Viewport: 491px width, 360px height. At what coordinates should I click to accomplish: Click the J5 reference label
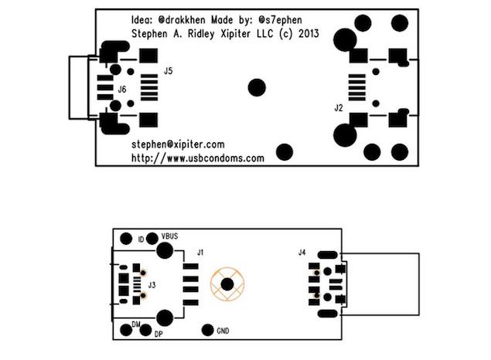coord(168,71)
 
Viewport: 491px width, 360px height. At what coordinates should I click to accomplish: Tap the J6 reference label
coord(122,90)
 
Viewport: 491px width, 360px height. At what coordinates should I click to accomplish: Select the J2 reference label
coord(339,108)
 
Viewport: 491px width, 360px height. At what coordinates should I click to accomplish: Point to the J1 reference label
coord(200,252)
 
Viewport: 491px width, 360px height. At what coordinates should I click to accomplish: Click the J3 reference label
coord(152,285)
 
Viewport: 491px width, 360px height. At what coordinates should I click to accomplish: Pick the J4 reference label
coord(302,252)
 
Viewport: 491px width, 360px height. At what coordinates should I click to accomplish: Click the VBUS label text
coord(169,236)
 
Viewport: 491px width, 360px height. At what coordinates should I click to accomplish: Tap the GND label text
coord(223,331)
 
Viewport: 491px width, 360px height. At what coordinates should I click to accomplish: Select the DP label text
coord(159,334)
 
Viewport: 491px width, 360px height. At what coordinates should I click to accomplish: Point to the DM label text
coord(136,324)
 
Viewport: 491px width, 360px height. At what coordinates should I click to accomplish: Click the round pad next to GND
coord(207,330)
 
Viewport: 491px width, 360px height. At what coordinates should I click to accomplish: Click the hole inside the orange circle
coord(227,284)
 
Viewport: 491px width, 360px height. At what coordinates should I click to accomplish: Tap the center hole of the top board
coord(257,87)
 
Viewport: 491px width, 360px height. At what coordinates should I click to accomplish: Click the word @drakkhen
coord(182,20)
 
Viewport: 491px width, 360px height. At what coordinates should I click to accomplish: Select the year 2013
coord(309,33)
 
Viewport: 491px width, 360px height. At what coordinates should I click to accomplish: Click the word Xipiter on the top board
coord(236,33)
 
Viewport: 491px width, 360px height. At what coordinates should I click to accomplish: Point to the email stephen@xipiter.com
coord(178,144)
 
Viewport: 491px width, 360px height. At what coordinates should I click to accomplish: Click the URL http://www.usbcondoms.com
coord(198,158)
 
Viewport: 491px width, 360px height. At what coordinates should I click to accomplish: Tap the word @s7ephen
coord(280,20)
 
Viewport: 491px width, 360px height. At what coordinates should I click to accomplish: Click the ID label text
coord(141,239)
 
